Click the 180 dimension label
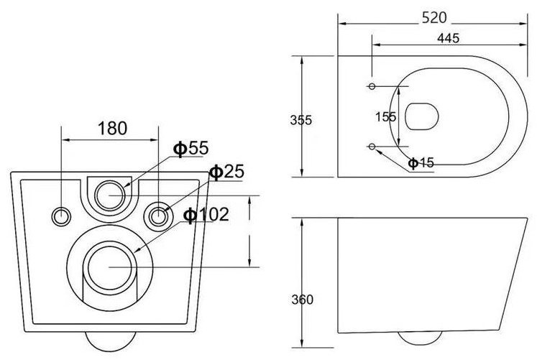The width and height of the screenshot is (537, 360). [112, 129]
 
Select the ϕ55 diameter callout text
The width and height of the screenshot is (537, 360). [190, 148]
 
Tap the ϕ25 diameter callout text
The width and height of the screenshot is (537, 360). [226, 172]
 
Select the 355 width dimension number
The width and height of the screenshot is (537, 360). [301, 120]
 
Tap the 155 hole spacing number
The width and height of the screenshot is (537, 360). [386, 116]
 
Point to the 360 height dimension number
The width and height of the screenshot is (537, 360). [303, 300]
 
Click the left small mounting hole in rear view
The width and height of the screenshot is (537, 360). [61, 215]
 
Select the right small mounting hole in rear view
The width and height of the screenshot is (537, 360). [157, 214]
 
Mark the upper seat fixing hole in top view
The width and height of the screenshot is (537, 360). [372, 87]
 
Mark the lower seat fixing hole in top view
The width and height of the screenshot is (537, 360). [372, 147]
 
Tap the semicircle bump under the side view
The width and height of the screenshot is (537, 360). [415, 338]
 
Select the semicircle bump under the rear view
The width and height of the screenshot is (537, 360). [109, 338]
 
